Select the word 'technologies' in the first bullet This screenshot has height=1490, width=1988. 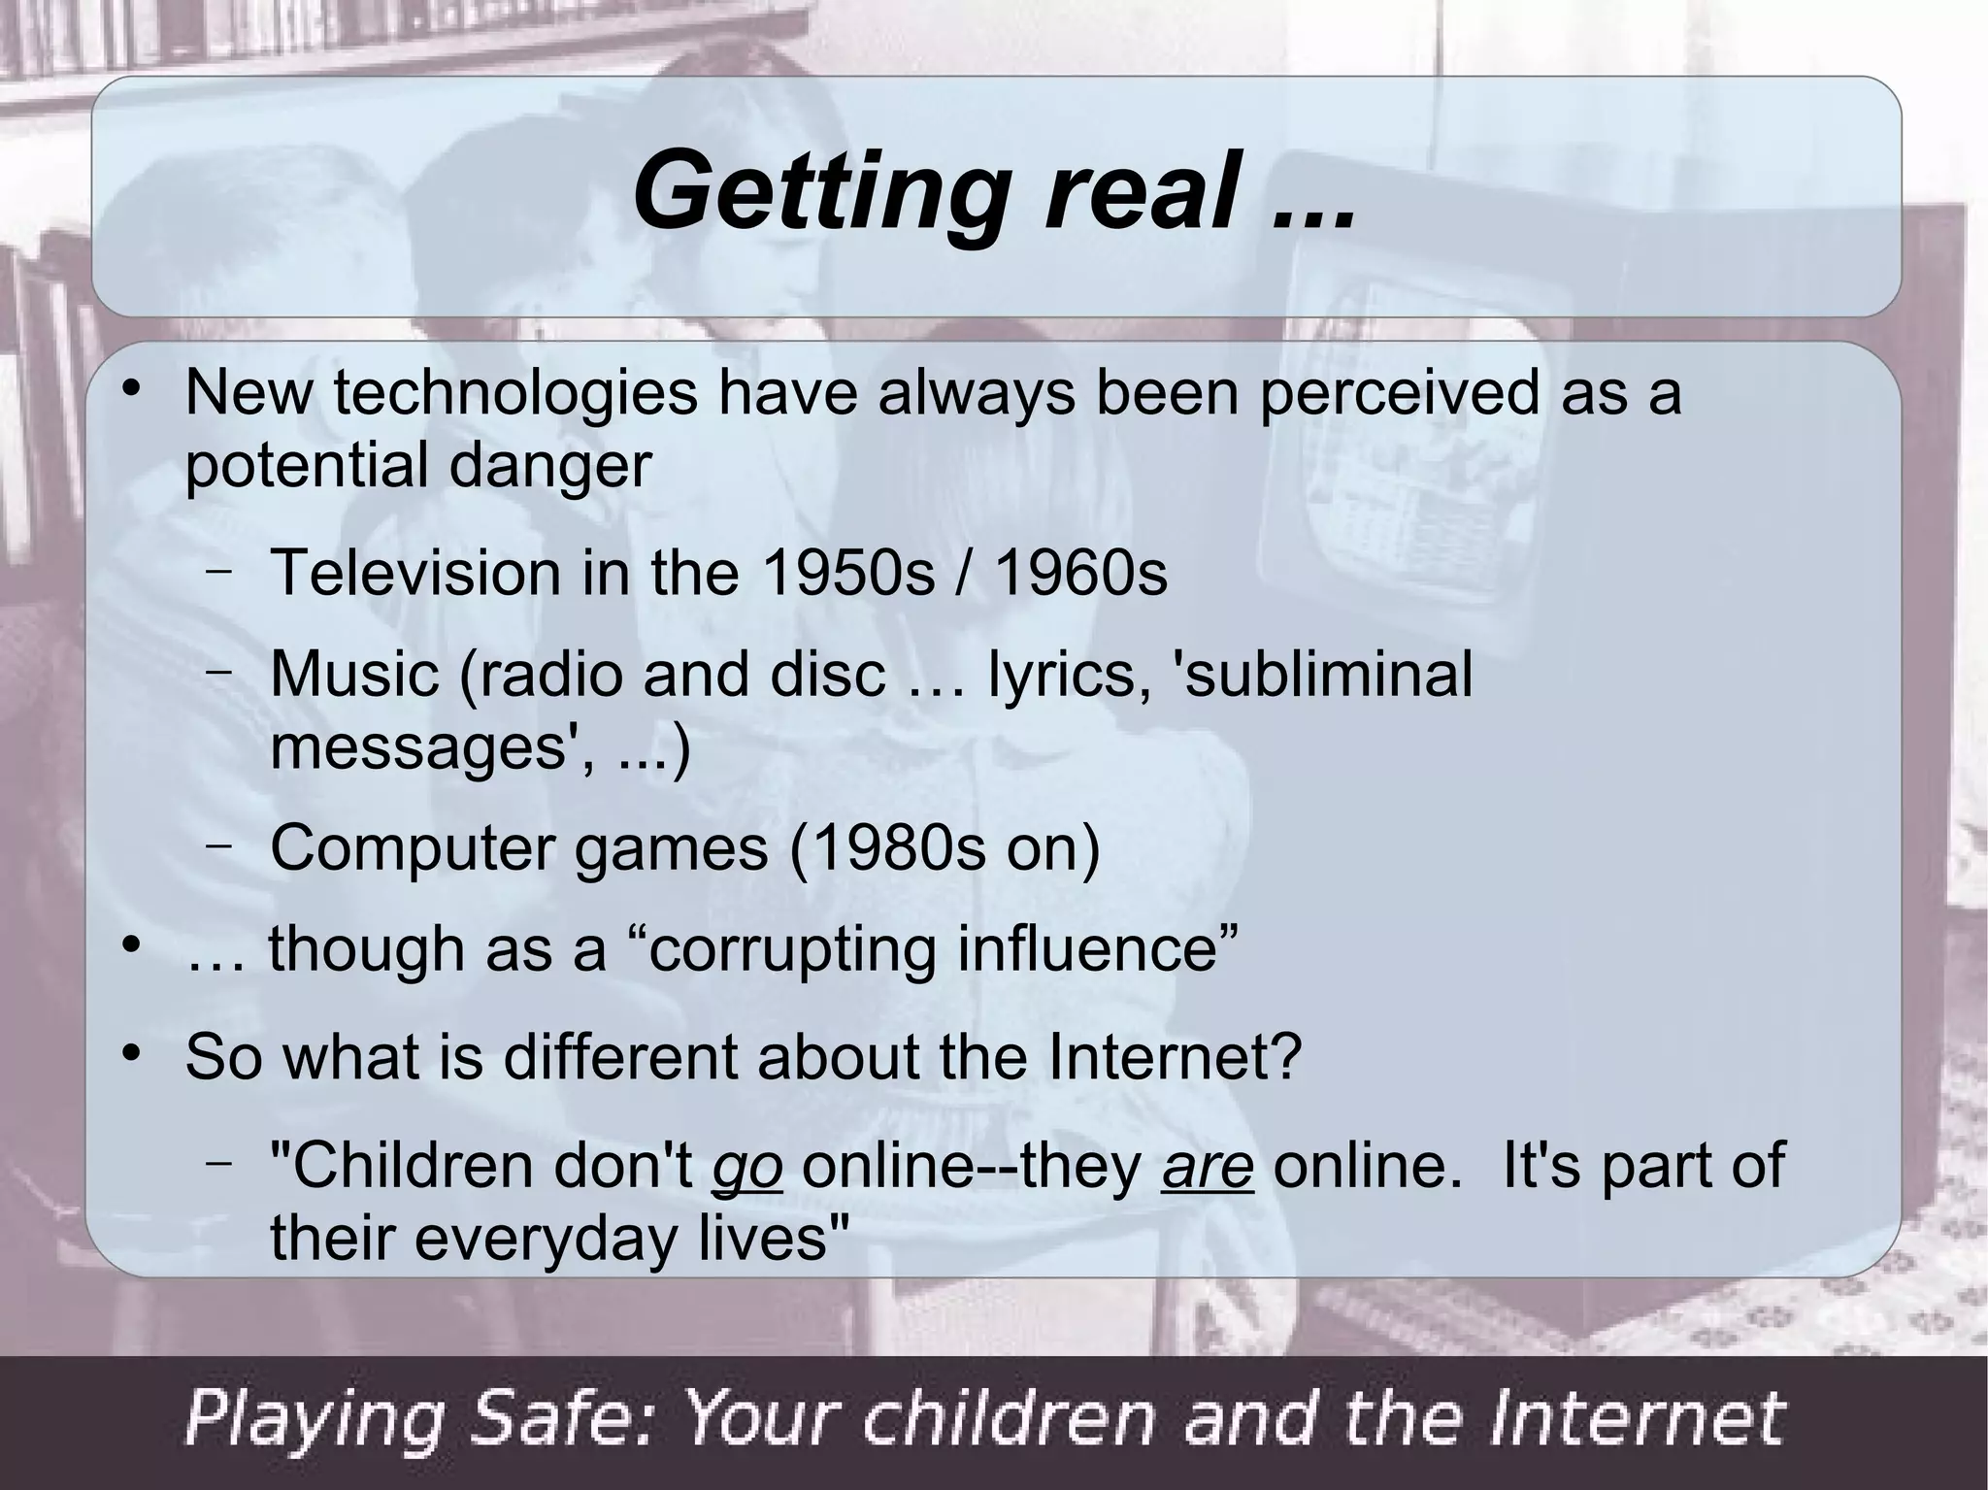point(515,394)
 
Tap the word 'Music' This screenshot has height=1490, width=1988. point(355,674)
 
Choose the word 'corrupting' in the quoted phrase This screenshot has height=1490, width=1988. point(791,949)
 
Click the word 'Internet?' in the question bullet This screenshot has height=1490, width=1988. point(1174,1057)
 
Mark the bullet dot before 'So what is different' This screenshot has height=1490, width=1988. point(133,1054)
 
